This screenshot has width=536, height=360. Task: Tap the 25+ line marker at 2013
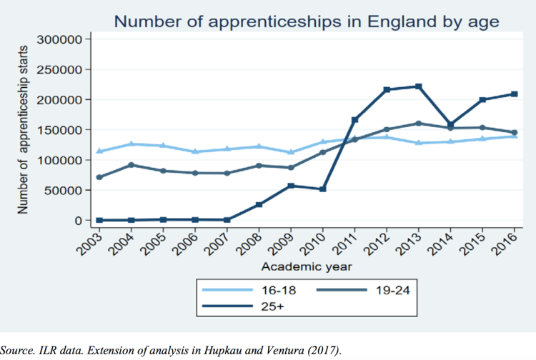[x=418, y=86]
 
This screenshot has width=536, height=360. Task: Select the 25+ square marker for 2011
[x=354, y=119]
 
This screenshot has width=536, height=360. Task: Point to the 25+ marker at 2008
[x=259, y=204]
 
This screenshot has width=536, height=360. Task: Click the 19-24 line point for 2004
[x=131, y=165]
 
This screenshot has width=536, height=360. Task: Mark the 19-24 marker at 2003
[x=99, y=177]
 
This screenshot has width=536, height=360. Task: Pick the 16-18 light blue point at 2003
[x=99, y=151]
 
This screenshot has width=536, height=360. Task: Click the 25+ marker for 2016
[x=514, y=94]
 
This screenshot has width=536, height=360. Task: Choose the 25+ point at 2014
[x=450, y=124]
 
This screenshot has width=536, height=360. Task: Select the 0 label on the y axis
[x=80, y=220]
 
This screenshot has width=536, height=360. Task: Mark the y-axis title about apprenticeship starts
[x=21, y=129]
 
